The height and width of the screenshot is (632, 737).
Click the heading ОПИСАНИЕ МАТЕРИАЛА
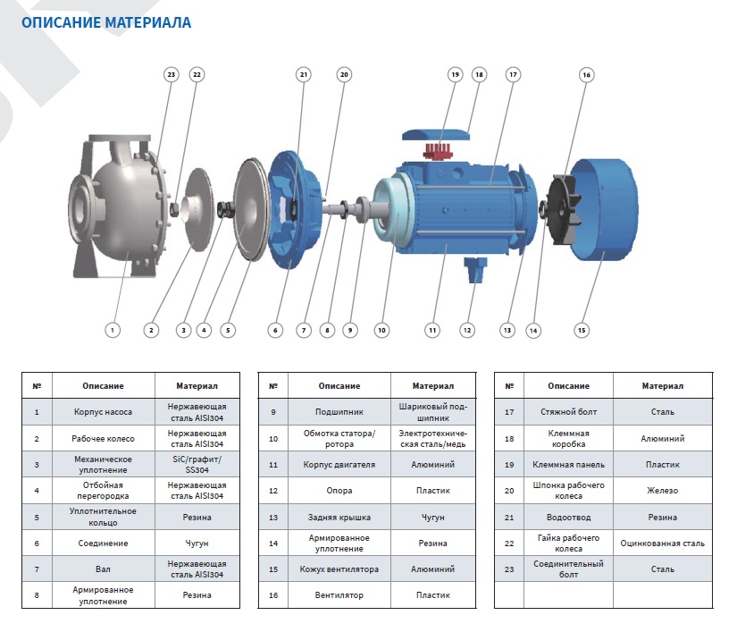coord(106,22)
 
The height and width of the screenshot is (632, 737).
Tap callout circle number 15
coord(582,330)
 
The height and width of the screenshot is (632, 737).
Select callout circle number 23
coord(172,75)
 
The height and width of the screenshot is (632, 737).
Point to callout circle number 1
coord(113,330)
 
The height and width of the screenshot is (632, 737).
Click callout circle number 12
coord(466,330)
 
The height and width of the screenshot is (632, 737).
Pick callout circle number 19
coord(455,75)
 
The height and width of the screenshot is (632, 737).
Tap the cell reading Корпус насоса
coord(104,413)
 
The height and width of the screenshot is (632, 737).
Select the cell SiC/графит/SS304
coord(197,465)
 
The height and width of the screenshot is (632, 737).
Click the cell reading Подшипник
coord(339,413)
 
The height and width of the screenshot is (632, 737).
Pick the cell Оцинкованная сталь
coord(662,543)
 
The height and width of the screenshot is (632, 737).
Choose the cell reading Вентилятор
coord(339,594)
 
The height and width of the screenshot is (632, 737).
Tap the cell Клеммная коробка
coord(568,439)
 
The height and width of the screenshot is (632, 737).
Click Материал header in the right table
coord(662,386)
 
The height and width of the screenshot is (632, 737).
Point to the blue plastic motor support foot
coord(473,267)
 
